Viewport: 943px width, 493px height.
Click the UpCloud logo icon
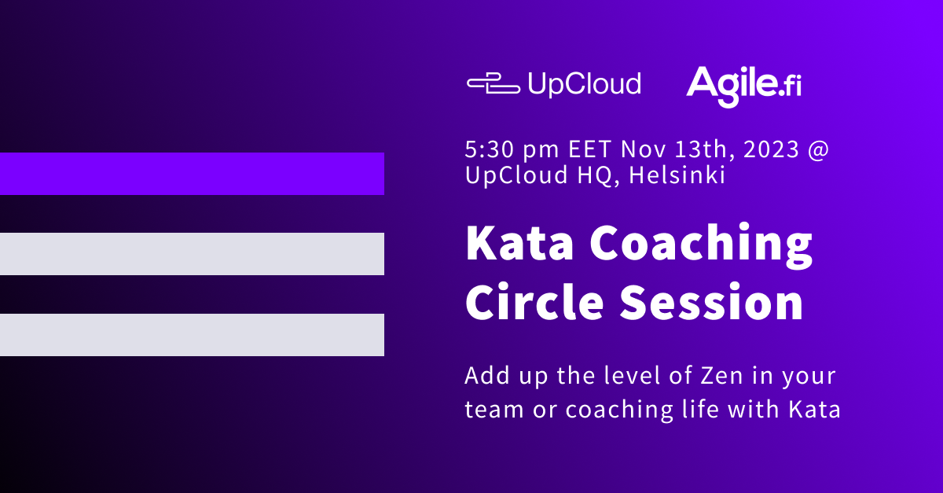point(493,83)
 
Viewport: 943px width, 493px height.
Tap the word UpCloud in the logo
point(584,84)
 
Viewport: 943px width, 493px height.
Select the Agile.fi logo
point(743,84)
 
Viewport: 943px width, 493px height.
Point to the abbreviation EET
point(589,149)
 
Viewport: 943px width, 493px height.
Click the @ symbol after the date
point(817,149)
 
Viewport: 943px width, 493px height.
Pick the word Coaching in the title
point(702,245)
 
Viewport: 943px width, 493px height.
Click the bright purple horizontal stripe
point(192,174)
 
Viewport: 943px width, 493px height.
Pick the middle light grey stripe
point(192,254)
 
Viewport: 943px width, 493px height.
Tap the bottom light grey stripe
point(192,335)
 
